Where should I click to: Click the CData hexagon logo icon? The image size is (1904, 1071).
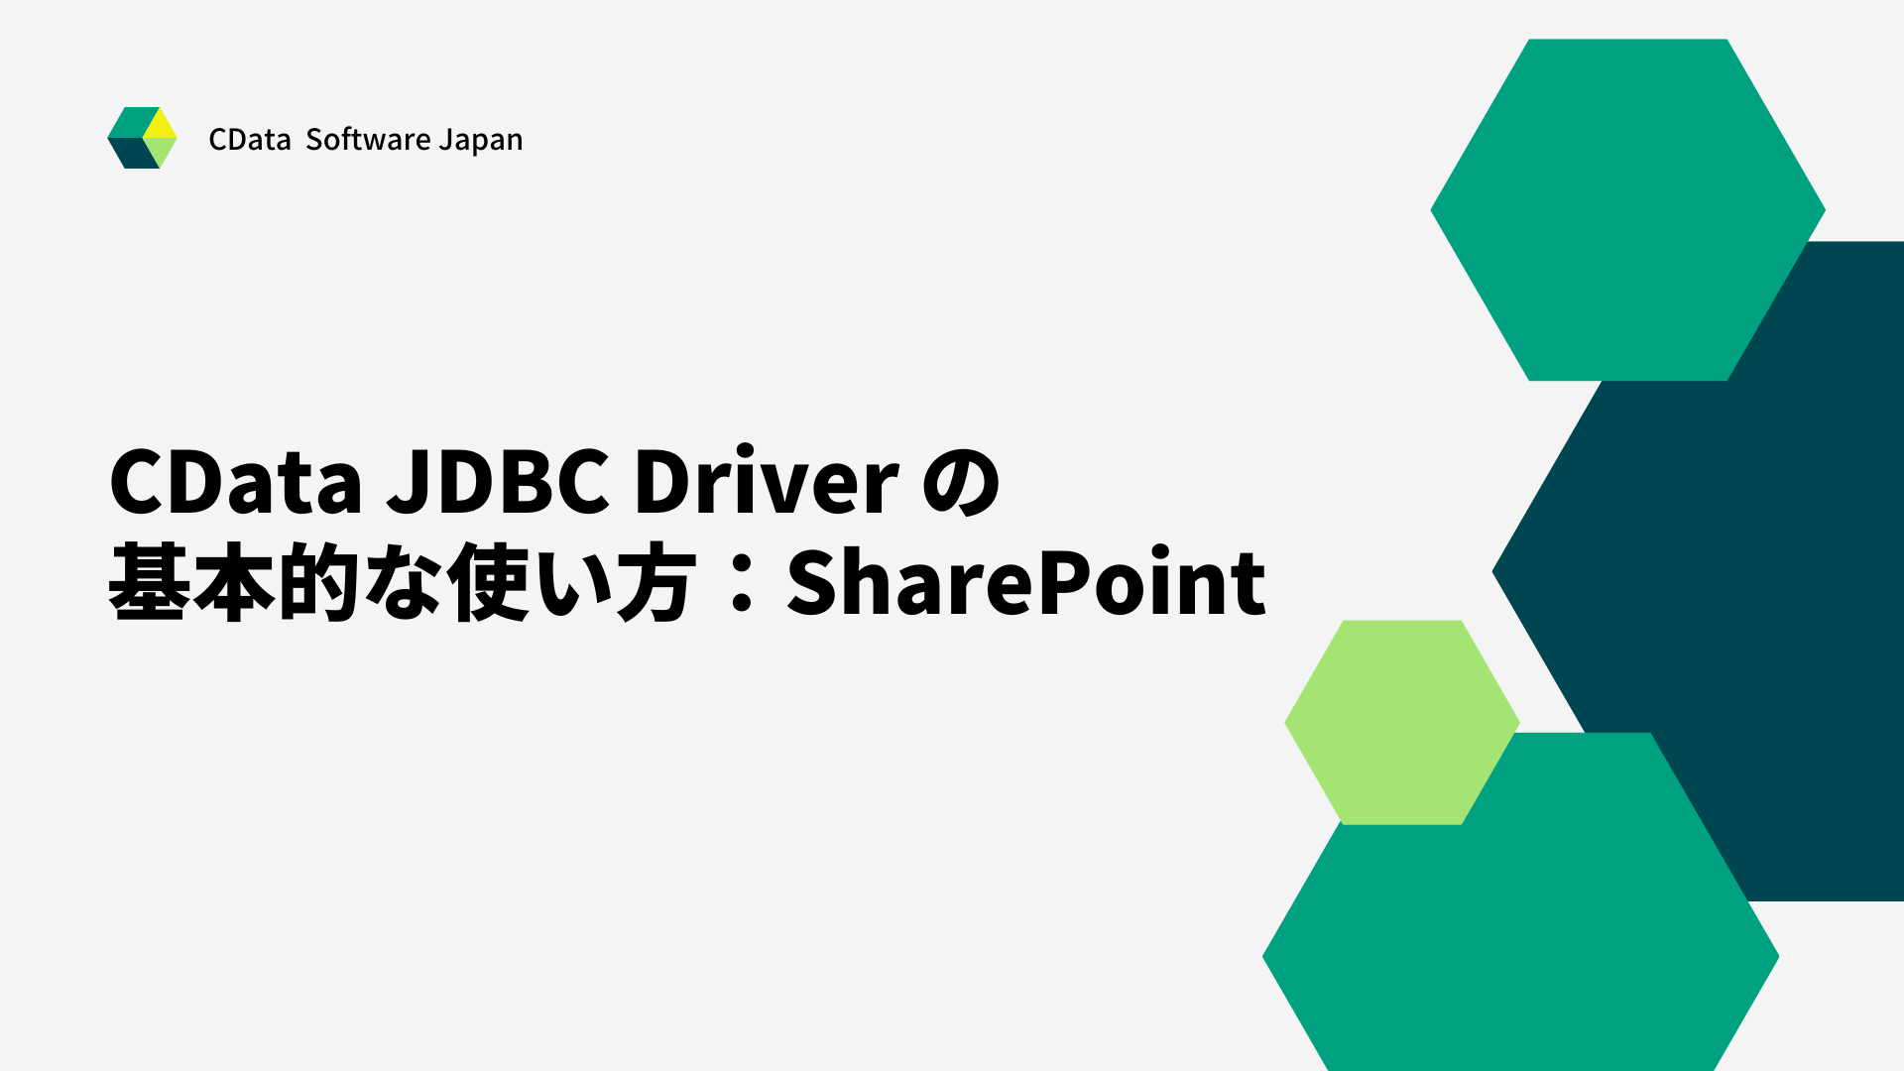pos(142,138)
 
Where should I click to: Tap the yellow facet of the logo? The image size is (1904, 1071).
pos(161,124)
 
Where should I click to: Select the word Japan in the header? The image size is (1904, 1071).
pos(481,140)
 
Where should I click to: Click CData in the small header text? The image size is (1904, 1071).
pos(249,140)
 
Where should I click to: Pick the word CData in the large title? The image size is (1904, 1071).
pos(236,482)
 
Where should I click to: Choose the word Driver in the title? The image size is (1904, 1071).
pos(767,482)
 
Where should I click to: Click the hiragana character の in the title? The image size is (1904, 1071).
pos(961,484)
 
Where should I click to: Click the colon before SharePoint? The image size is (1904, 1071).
pos(741,584)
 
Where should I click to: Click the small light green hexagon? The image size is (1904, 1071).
pos(1401,722)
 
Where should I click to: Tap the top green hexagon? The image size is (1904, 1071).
pos(1627,209)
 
